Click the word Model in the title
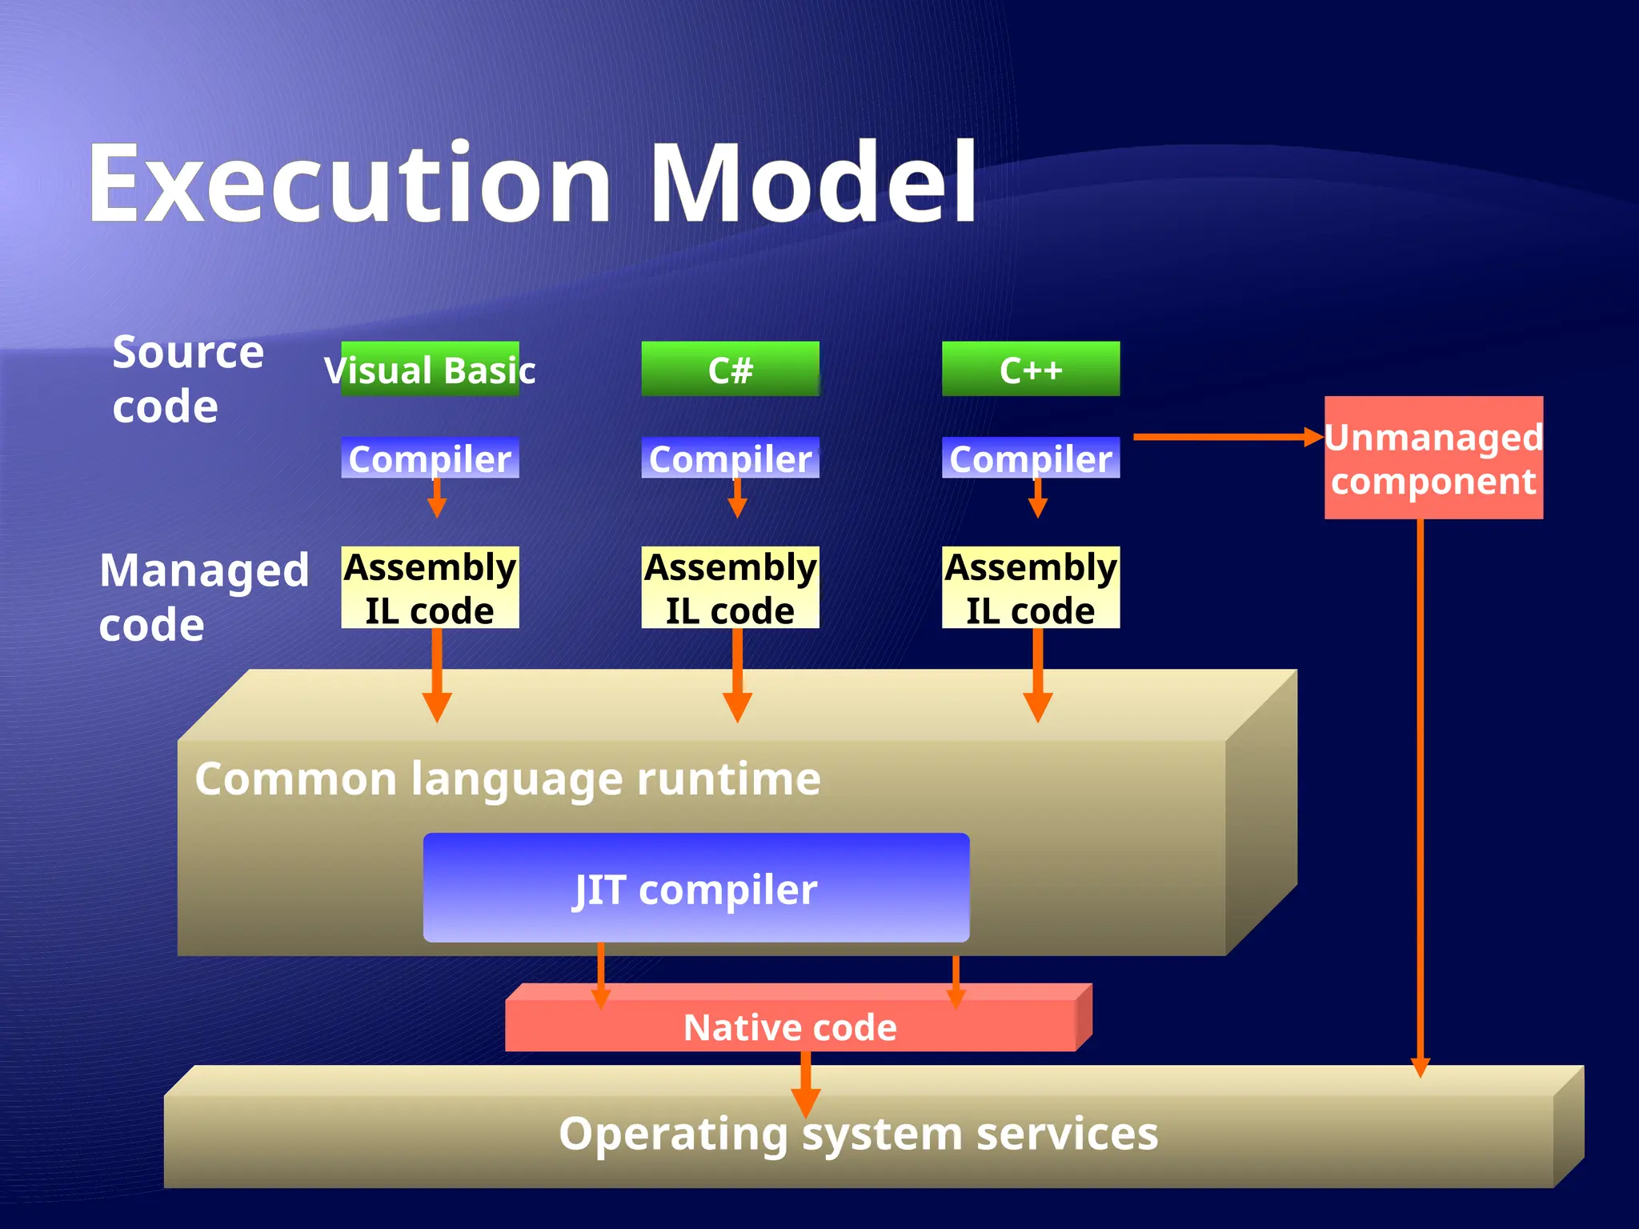[812, 184]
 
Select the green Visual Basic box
[430, 370]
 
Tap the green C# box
[730, 370]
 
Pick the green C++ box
[1031, 370]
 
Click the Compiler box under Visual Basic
[430, 458]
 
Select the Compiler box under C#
[730, 458]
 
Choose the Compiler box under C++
[1031, 458]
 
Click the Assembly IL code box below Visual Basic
[430, 588]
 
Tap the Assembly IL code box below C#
[730, 588]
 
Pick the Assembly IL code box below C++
[1031, 588]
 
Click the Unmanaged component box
[1433, 458]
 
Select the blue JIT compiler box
[696, 888]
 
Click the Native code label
[790, 1027]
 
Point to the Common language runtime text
[507, 779]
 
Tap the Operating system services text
[858, 1134]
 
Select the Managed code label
[203, 597]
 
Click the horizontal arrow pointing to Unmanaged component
[1224, 437]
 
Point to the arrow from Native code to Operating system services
[806, 1084]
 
